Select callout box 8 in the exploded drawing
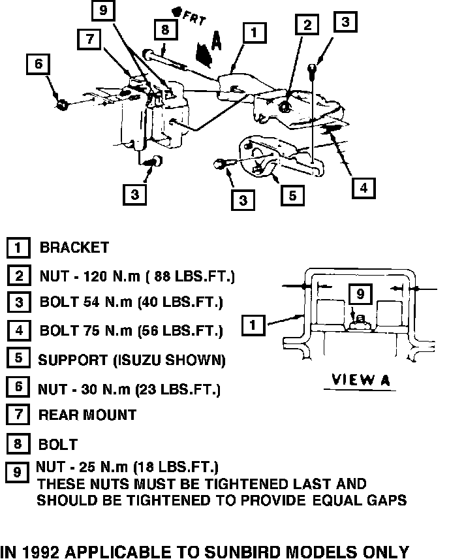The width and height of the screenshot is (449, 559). pos(166,29)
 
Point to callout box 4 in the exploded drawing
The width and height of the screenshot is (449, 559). pos(364,187)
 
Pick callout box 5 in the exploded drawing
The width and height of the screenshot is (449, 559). pos(292,194)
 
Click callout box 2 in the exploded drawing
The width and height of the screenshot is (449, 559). pos(307,25)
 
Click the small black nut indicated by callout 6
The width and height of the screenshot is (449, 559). pos(61,103)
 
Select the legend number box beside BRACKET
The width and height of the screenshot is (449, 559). pos(19,248)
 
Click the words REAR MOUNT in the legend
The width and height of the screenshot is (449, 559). pos(87,415)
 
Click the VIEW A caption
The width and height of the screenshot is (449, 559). pos(361,380)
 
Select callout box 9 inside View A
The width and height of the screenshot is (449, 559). pos(360,295)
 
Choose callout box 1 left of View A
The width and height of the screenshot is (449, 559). pos(253,323)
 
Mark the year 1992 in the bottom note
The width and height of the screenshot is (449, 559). pos(40,551)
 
